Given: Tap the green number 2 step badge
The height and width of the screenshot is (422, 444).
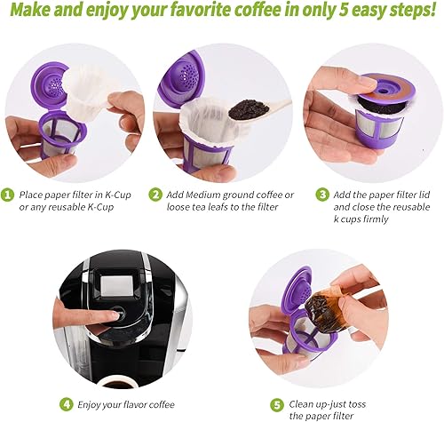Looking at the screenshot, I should click(156, 195).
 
